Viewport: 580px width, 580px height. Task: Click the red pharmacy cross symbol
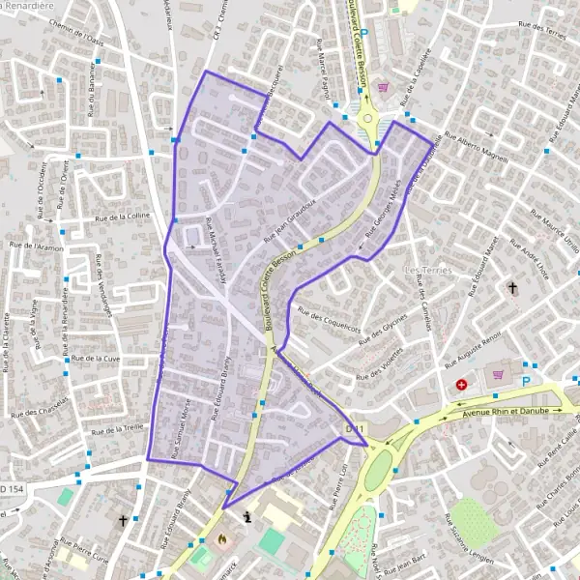(x=461, y=384)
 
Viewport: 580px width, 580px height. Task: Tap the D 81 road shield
(x=354, y=427)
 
